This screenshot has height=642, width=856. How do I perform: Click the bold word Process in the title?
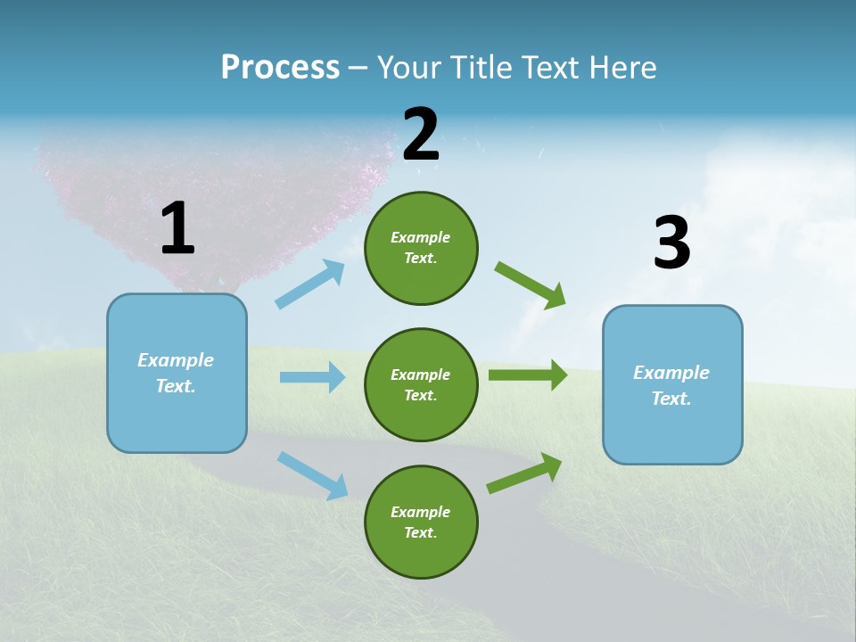click(280, 67)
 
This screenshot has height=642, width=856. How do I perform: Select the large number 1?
click(177, 229)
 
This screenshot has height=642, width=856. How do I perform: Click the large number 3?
click(671, 243)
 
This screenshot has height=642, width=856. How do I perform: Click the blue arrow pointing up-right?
click(310, 284)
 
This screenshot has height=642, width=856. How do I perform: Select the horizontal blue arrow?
click(312, 377)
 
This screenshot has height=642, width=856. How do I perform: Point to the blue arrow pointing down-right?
click(313, 475)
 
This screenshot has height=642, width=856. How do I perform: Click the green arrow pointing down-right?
click(531, 284)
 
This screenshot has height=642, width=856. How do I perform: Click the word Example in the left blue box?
click(176, 360)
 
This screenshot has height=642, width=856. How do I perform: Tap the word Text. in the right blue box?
click(671, 399)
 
